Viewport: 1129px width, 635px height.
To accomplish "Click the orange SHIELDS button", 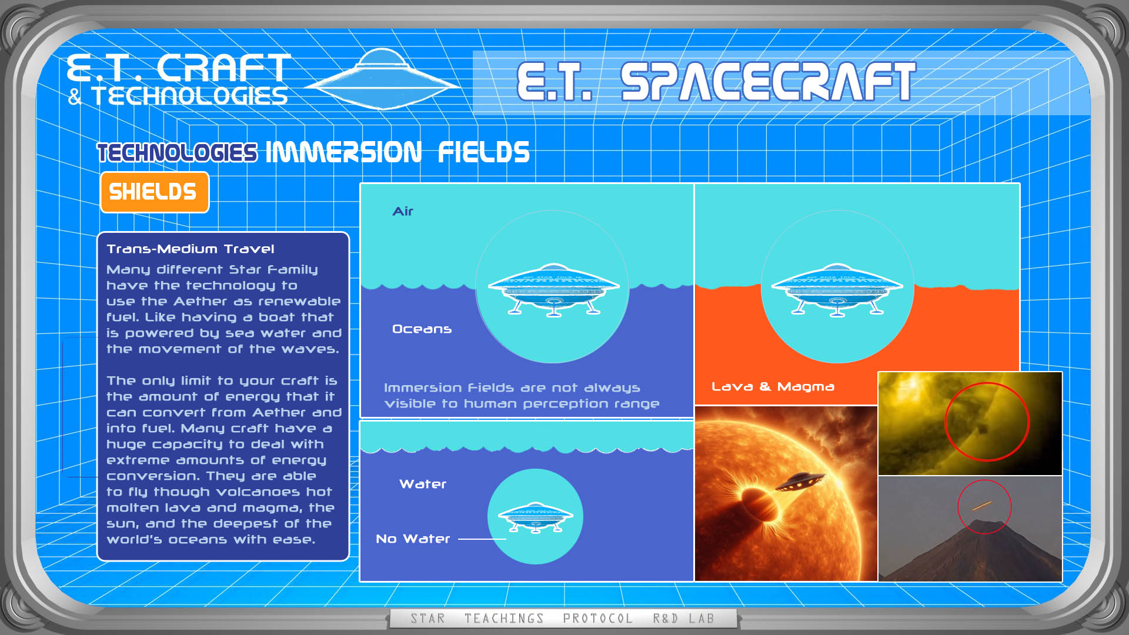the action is (155, 192).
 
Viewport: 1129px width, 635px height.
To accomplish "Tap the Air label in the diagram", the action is (403, 211).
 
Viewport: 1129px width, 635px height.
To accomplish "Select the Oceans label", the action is (422, 329).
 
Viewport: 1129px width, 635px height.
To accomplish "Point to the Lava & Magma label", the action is (773, 386).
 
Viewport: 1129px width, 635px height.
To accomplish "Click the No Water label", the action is (413, 539).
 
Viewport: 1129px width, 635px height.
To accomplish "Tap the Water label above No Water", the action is (423, 484).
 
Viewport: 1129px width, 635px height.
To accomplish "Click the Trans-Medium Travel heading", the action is (191, 249).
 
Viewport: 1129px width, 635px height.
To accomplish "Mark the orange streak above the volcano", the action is (982, 506).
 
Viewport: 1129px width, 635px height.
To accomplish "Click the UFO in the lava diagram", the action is (837, 289).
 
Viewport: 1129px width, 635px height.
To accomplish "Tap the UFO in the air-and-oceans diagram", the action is (553, 289).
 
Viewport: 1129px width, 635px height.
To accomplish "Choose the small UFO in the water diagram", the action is (535, 517).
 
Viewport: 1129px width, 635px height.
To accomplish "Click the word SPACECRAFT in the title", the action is (768, 82).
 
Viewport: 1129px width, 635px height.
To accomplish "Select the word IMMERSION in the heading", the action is (343, 152).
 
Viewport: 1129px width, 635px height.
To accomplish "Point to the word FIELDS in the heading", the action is (483, 152).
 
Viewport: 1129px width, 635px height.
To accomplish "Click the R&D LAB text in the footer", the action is (683, 619).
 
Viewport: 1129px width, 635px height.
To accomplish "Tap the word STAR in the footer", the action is (427, 619).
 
